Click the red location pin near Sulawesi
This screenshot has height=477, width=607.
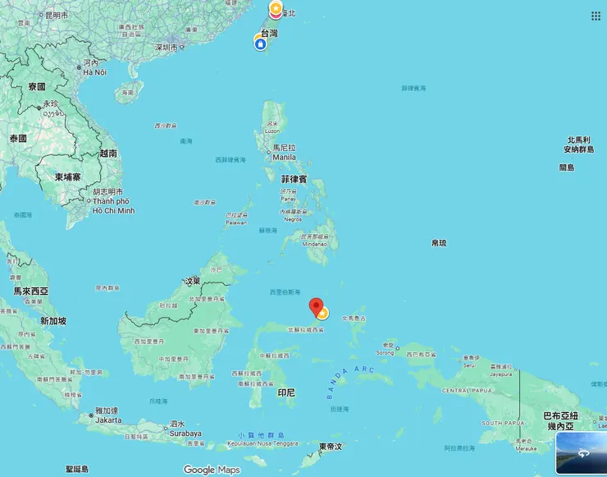(316, 306)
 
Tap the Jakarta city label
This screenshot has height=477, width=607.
(108, 419)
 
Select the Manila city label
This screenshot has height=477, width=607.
(284, 157)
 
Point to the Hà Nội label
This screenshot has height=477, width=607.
(94, 72)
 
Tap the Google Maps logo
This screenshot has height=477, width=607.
(212, 470)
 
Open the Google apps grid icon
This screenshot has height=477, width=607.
(596, 16)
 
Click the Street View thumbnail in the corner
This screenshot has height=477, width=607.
(581, 453)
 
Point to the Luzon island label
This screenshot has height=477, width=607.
(272, 131)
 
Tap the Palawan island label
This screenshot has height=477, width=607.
(235, 222)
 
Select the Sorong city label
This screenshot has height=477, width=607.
(384, 353)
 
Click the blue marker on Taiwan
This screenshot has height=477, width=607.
(260, 44)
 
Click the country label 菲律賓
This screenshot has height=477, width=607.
(294, 178)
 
